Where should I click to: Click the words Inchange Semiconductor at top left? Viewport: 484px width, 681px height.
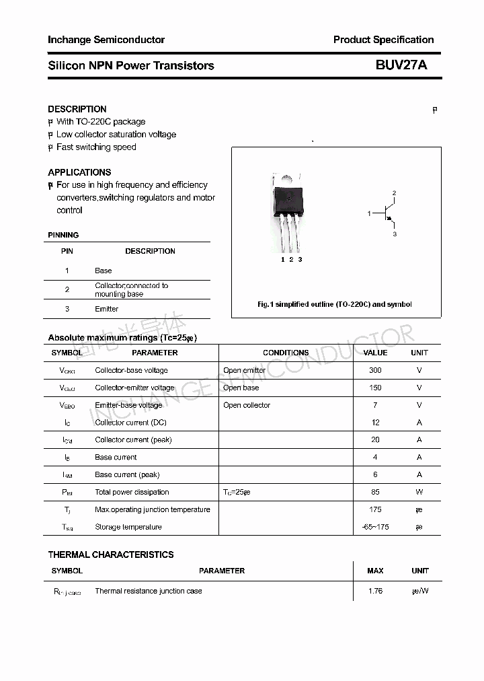[x=106, y=40]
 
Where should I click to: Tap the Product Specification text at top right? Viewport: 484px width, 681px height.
[x=383, y=40]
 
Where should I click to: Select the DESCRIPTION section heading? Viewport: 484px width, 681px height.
[x=77, y=109]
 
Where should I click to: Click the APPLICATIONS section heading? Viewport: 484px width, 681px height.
[x=79, y=172]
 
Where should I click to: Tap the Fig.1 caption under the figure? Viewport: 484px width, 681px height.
[x=335, y=304]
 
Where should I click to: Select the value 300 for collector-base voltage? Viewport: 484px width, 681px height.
[x=375, y=370]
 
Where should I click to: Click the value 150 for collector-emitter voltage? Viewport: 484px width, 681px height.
[x=375, y=388]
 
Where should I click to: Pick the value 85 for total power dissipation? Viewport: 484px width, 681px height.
[x=375, y=492]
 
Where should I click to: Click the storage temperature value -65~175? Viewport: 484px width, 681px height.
[x=375, y=527]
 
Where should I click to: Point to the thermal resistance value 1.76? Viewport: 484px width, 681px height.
[x=375, y=591]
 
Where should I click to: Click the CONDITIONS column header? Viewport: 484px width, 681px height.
[x=286, y=353]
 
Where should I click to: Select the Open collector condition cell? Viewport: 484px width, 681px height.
[x=247, y=405]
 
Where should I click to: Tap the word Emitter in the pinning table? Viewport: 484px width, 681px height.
[x=106, y=309]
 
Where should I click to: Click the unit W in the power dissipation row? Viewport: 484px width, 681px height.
[x=419, y=492]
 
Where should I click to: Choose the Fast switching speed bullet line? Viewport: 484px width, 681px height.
[x=96, y=147]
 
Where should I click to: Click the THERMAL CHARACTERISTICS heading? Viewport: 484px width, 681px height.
[x=111, y=554]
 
